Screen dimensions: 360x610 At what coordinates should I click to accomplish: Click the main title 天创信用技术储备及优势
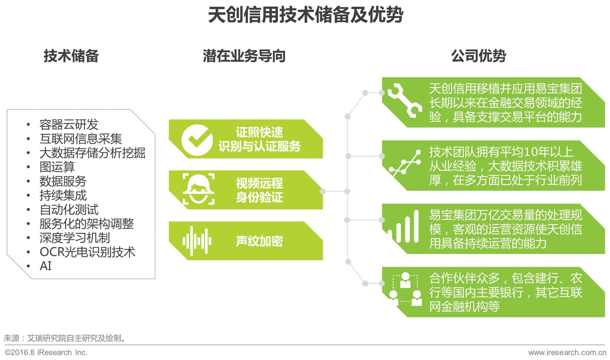click(x=305, y=15)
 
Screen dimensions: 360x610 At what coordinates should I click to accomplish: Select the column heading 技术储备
click(x=71, y=56)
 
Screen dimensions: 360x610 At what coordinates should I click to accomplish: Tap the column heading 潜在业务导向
click(x=244, y=56)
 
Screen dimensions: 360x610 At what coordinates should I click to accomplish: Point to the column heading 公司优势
click(x=478, y=56)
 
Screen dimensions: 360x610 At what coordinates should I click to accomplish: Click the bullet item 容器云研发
click(x=69, y=125)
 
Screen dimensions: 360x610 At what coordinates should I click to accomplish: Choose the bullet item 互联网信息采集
click(x=81, y=139)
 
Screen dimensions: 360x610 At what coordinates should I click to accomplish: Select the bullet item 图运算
click(x=57, y=167)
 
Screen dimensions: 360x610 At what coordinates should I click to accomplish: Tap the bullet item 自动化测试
click(x=69, y=210)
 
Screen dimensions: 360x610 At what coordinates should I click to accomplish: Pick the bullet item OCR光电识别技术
click(x=87, y=252)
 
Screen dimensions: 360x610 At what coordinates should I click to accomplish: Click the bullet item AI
click(x=45, y=266)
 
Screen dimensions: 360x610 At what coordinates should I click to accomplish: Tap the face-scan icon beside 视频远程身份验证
click(x=198, y=189)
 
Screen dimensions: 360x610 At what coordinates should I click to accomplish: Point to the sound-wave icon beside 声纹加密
click(x=197, y=241)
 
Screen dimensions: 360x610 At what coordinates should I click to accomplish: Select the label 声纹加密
click(x=259, y=241)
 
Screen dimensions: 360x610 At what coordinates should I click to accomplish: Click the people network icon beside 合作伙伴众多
click(x=405, y=290)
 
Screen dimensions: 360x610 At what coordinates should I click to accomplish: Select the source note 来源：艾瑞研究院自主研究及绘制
click(x=65, y=338)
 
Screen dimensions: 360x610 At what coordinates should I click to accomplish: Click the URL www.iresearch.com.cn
click(x=567, y=352)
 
